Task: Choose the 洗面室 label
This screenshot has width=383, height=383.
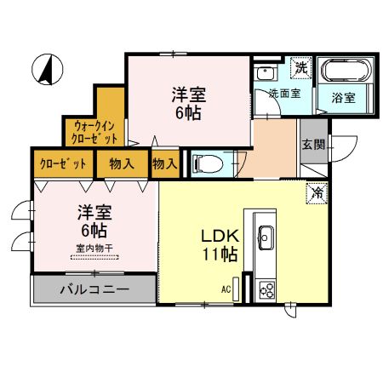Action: (x=283, y=93)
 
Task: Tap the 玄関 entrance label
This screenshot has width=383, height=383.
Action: (x=313, y=146)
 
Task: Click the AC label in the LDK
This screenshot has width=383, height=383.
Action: (x=226, y=289)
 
